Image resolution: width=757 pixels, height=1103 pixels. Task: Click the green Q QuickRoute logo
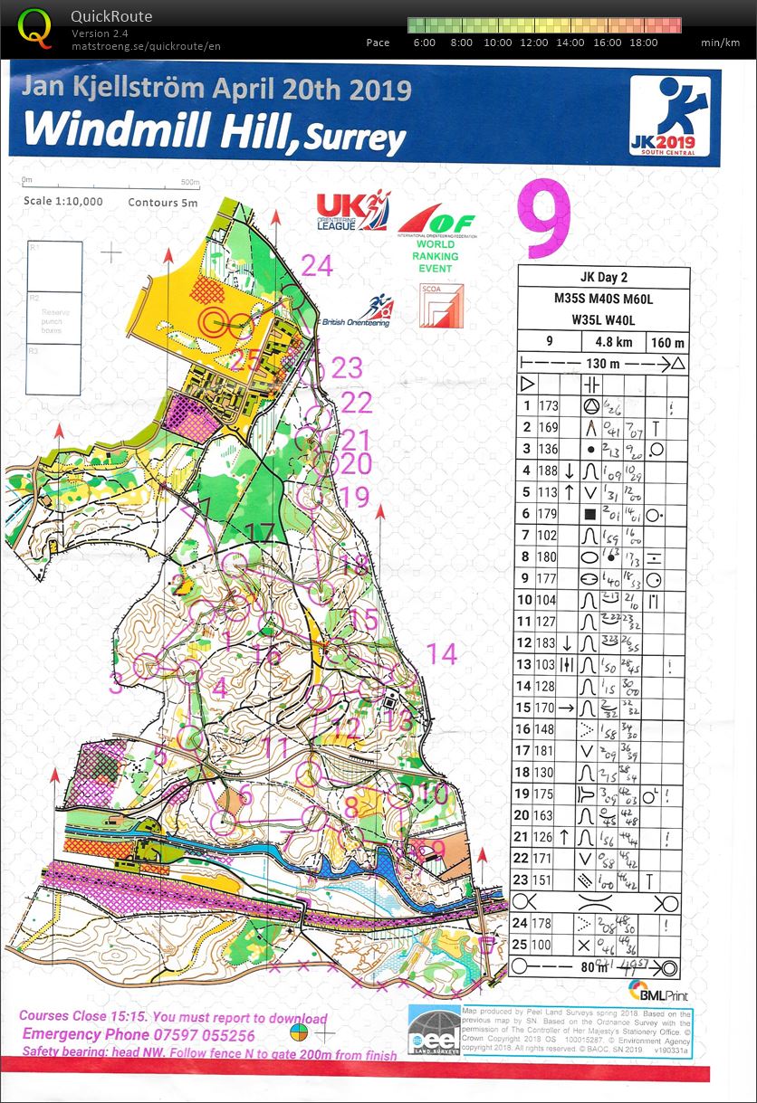coord(35,27)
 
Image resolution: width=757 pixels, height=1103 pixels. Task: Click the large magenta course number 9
coord(544,220)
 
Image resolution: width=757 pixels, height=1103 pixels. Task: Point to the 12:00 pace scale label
coord(534,43)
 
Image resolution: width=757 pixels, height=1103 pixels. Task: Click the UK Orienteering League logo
coord(351,211)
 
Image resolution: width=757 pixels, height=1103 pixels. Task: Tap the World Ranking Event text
coord(436,256)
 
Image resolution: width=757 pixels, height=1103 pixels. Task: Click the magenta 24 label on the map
coord(317,265)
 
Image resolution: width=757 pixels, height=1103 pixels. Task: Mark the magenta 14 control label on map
coord(442,653)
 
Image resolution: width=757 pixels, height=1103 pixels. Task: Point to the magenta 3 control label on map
coord(115,683)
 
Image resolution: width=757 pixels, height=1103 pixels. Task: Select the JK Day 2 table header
coord(603,278)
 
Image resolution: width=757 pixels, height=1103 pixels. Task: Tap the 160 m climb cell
coord(667,343)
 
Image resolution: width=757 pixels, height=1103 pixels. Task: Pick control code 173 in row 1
coord(549,406)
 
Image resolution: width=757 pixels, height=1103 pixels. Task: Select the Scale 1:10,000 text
coord(63,202)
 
